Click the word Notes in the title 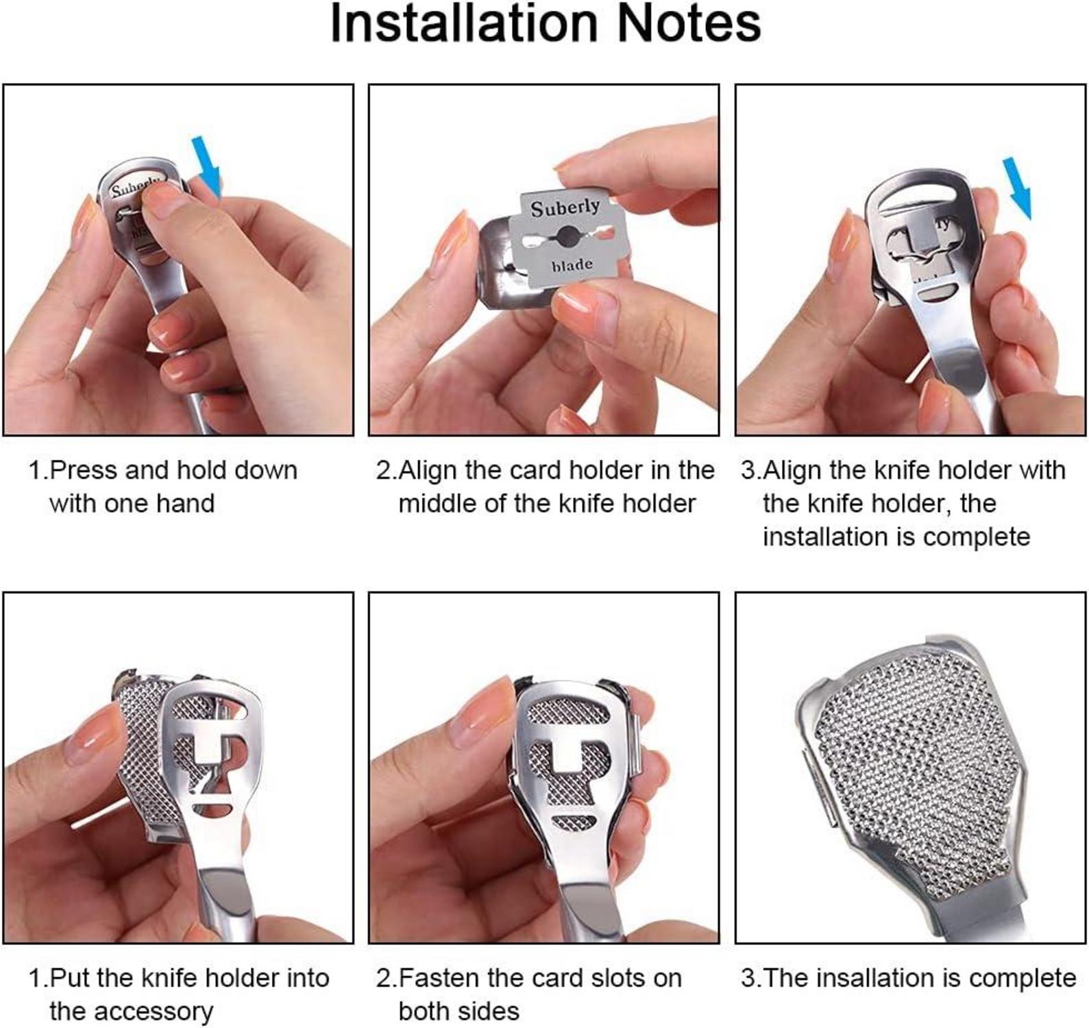coord(689,23)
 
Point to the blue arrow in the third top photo coord(1016,188)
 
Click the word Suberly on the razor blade coord(565,208)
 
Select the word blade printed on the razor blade coord(572,265)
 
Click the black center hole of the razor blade coord(565,237)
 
